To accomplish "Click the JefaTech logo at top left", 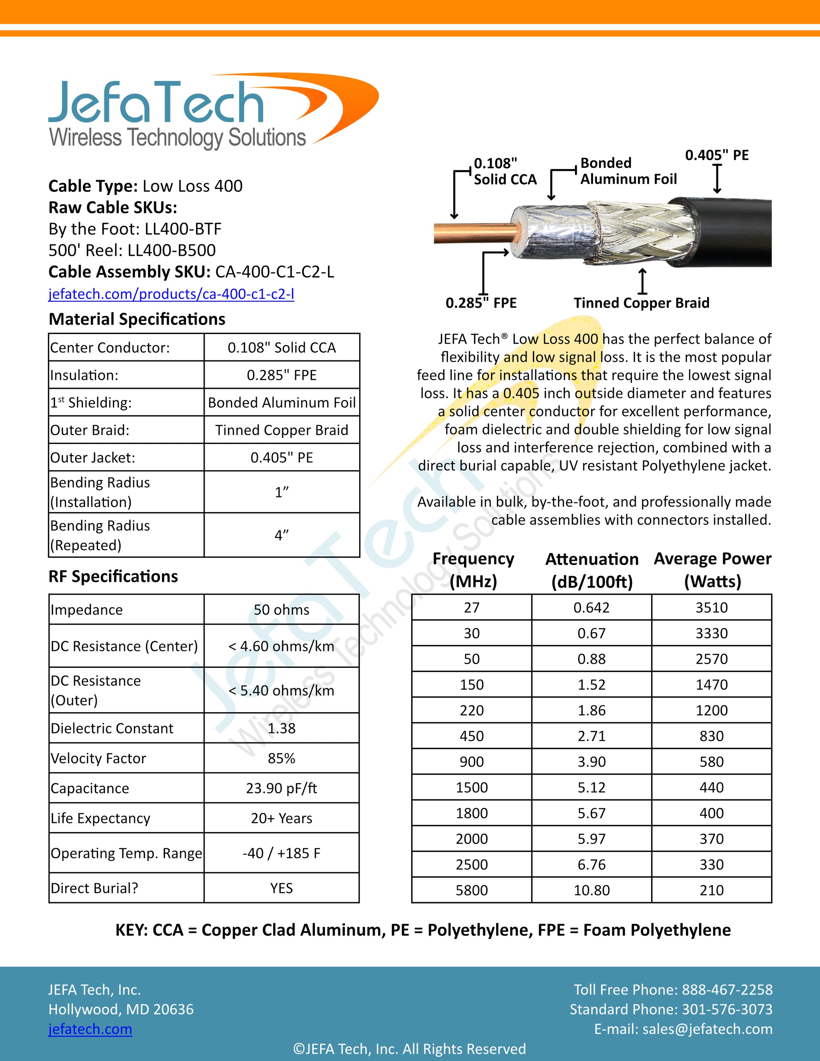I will (x=194, y=112).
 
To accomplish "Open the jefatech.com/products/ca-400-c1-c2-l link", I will (x=171, y=294).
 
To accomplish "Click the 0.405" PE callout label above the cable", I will (x=717, y=155).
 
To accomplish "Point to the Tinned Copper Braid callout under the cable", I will (x=641, y=303).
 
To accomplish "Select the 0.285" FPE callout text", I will (x=481, y=303).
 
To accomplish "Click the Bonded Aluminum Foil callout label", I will (x=628, y=171).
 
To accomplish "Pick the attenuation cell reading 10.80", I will (x=591, y=890).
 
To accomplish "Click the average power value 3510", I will (x=711, y=607).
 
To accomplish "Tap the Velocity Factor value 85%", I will (x=281, y=758).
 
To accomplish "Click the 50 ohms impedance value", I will (x=281, y=610).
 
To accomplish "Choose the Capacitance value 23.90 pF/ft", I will (x=281, y=788).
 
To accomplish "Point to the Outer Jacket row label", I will (x=93, y=458).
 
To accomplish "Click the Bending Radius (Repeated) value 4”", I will (x=281, y=535).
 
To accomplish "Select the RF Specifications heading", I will (x=113, y=576).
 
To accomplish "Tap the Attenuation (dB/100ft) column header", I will (x=591, y=570).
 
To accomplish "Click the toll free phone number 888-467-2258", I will (x=727, y=990).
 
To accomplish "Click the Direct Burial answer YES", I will (x=281, y=888).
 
